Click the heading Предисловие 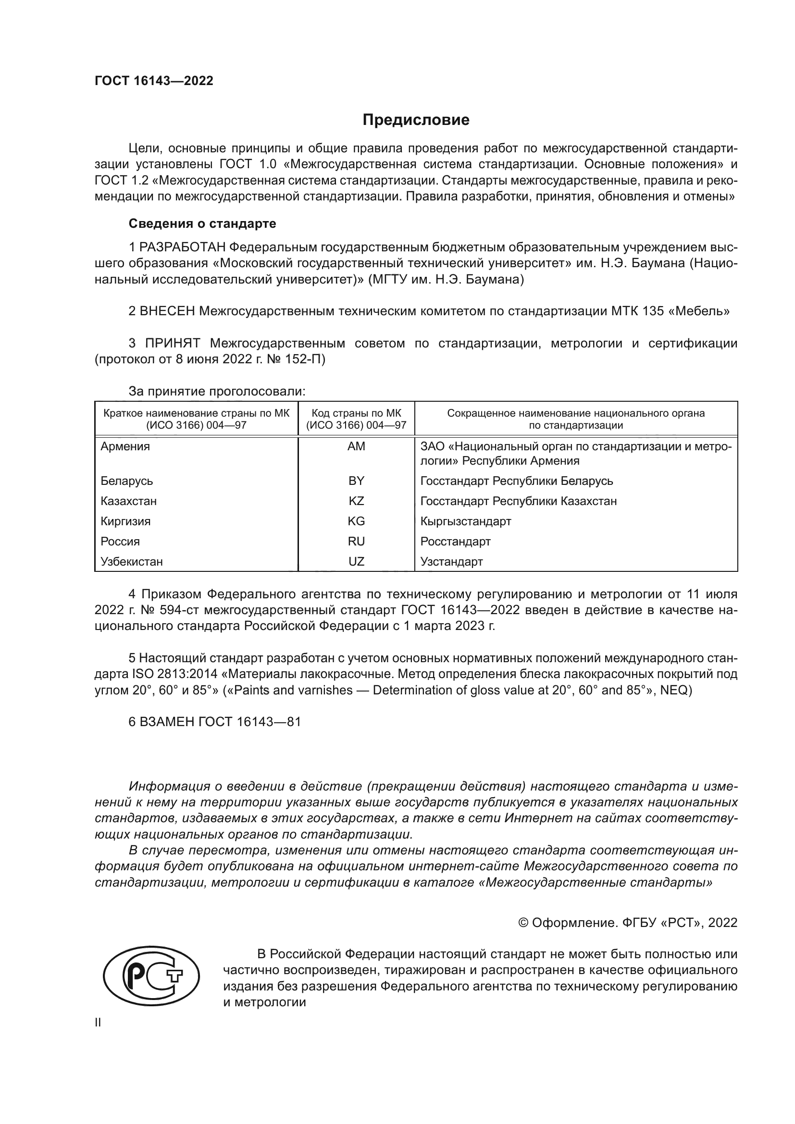pyautogui.click(x=416, y=120)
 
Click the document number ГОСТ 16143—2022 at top pyautogui.click(x=154, y=81)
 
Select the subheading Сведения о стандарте pyautogui.click(x=202, y=224)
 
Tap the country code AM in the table pyautogui.click(x=356, y=446)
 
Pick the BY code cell pyautogui.click(x=356, y=481)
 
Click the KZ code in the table pyautogui.click(x=356, y=501)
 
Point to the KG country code pyautogui.click(x=356, y=521)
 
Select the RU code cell pyautogui.click(x=356, y=541)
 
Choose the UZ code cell pyautogui.click(x=356, y=561)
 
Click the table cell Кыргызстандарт pyautogui.click(x=466, y=521)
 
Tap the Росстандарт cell pyautogui.click(x=455, y=541)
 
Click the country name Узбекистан pyautogui.click(x=132, y=561)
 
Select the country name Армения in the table pyautogui.click(x=125, y=446)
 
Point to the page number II pyautogui.click(x=98, y=1022)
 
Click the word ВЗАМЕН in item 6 pyautogui.click(x=167, y=722)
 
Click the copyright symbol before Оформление pyautogui.click(x=523, y=923)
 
